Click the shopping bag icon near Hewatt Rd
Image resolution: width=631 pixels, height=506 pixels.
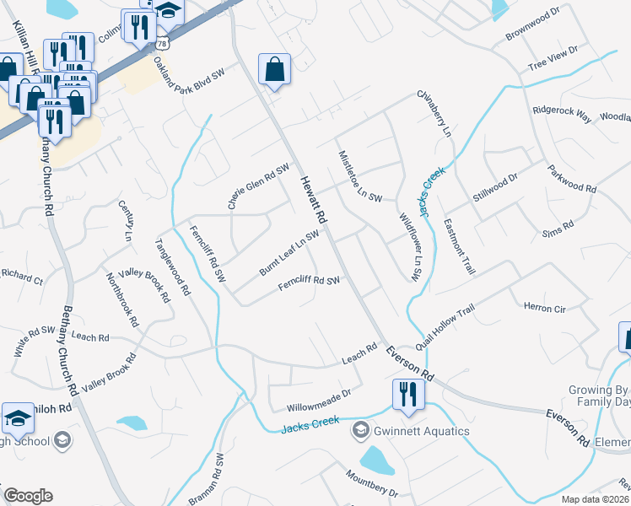click(x=274, y=70)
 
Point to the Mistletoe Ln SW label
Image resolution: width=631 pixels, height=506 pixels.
click(x=360, y=176)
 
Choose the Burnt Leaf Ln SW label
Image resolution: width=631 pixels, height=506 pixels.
click(x=289, y=253)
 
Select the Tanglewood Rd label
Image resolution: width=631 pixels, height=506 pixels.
click(x=171, y=269)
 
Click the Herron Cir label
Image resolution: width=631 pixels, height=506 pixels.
click(x=544, y=309)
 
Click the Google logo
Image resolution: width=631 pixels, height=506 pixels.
click(x=28, y=496)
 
